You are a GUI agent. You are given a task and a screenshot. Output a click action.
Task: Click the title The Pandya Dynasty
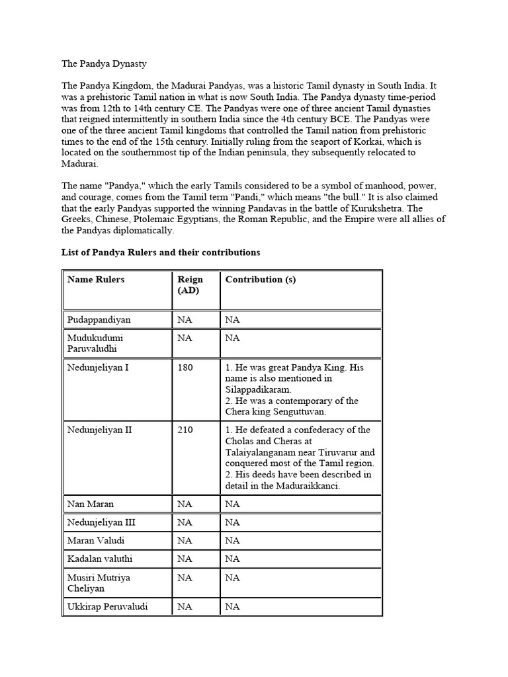point(105,64)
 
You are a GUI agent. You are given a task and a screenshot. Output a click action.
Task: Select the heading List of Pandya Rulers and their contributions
point(161,253)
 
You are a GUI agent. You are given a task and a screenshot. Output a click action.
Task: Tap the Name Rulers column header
point(96,280)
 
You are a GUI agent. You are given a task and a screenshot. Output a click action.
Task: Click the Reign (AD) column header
point(190,285)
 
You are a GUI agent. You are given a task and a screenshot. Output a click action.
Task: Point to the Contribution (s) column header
point(261,280)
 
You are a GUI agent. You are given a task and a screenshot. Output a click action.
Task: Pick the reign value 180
point(185,368)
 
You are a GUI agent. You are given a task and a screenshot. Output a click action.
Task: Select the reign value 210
point(185,430)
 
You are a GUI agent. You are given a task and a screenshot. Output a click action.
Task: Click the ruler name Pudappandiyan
point(99,320)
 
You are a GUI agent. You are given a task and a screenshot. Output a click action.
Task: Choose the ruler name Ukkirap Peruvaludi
point(108,606)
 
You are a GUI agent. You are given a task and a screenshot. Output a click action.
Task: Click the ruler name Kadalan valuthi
point(99,559)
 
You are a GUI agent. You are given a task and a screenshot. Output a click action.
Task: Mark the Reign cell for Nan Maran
point(185,504)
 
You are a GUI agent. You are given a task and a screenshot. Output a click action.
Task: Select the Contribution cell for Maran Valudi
point(233,541)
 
